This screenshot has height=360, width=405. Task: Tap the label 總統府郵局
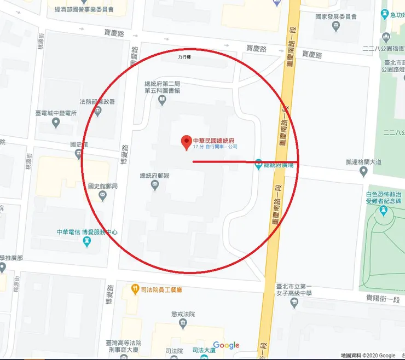coord(155,176)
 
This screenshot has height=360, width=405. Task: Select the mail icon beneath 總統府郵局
coord(155,186)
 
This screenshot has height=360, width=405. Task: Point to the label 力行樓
coord(185,57)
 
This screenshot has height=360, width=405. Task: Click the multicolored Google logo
coord(226,345)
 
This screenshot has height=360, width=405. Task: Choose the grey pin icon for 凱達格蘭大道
coord(363,171)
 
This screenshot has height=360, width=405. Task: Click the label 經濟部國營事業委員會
coord(88,9)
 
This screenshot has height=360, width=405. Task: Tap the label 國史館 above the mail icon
coord(79,145)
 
